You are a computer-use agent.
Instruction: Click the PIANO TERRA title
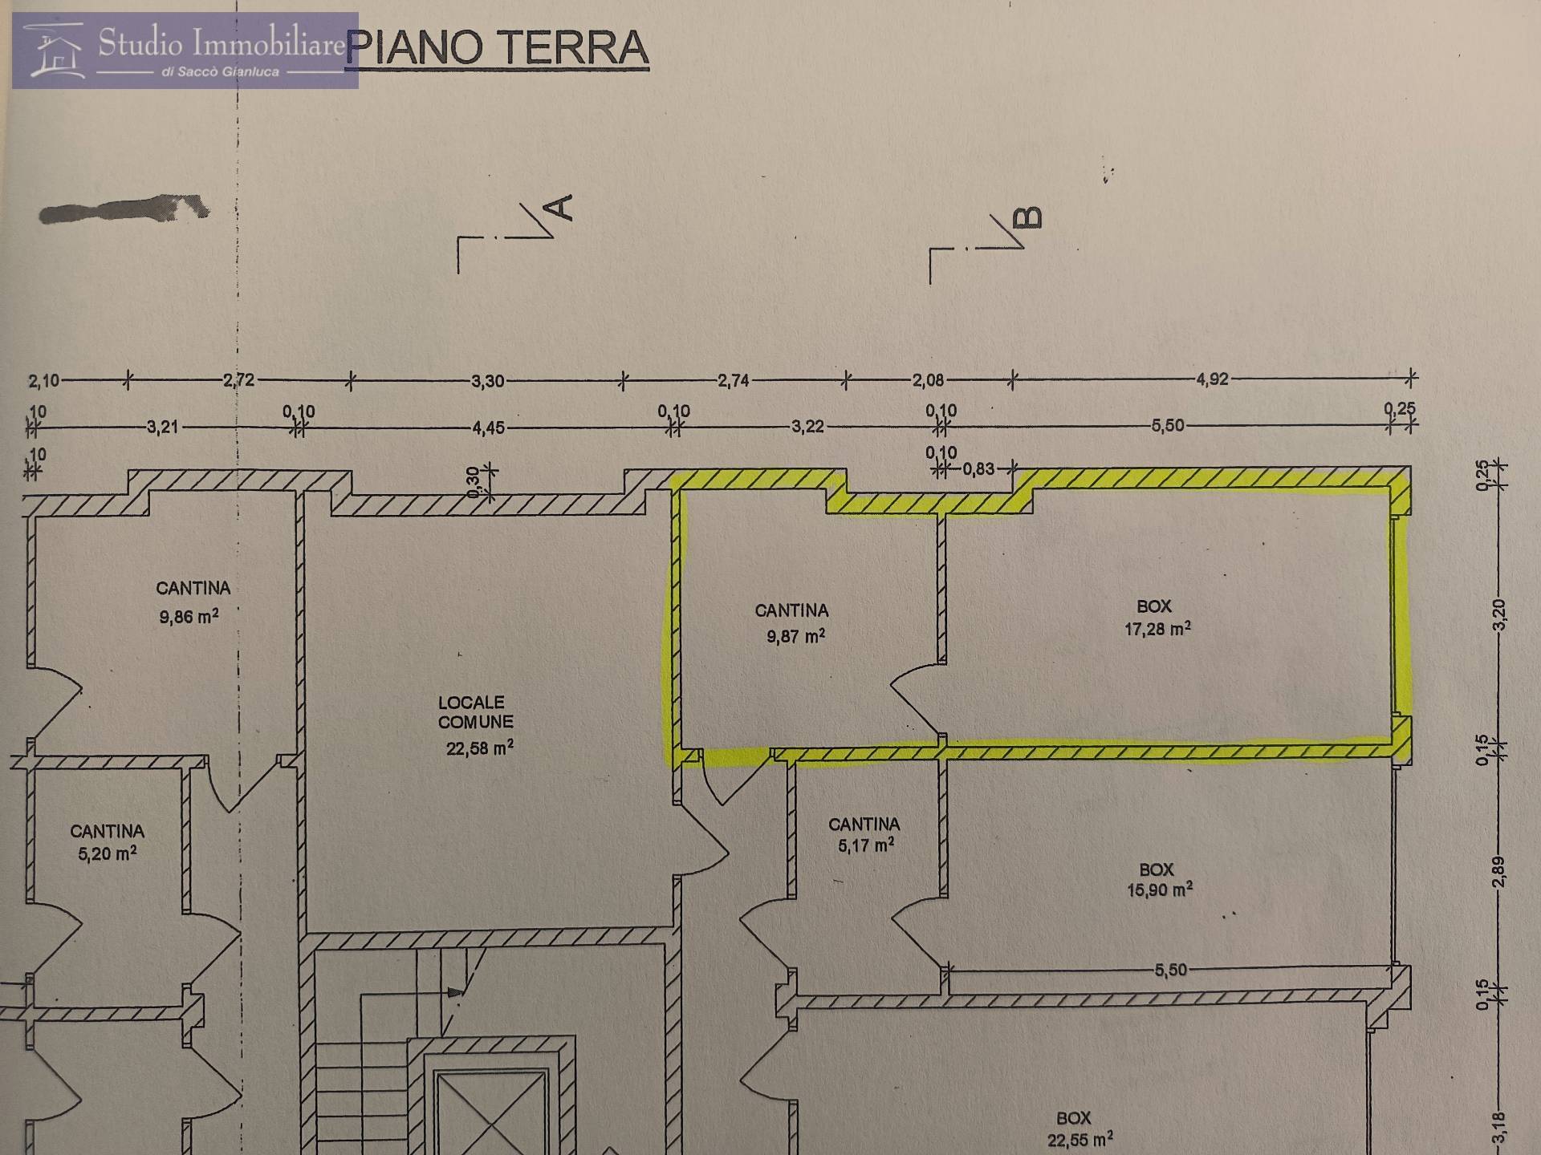[x=498, y=48]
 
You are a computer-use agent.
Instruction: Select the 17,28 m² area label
[x=1157, y=629]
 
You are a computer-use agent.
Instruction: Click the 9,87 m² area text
[x=795, y=637]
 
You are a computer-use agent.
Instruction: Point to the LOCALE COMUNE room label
[x=475, y=712]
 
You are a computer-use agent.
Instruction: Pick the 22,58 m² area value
[x=479, y=748]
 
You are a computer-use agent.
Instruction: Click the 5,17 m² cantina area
[x=866, y=845]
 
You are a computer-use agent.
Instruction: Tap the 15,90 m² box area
[x=1160, y=890]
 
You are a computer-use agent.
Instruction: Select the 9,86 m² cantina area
[x=189, y=617]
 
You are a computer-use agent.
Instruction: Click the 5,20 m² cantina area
[x=107, y=853]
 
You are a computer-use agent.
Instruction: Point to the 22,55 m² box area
[x=1080, y=1139]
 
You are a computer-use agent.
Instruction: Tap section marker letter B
[x=1030, y=217]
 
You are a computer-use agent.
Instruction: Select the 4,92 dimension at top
[x=1212, y=379]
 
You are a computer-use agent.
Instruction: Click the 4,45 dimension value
[x=489, y=428]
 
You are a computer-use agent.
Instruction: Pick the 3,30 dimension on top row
[x=488, y=381]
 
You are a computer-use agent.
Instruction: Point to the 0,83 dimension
[x=978, y=469]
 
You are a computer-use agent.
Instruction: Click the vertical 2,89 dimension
[x=1498, y=872]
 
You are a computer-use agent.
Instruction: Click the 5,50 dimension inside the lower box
[x=1170, y=971]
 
